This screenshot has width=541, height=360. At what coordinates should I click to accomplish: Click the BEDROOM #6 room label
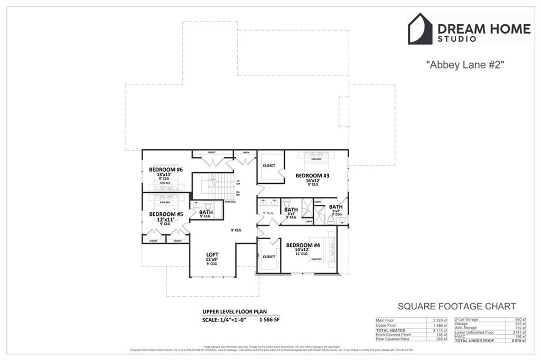click(165, 169)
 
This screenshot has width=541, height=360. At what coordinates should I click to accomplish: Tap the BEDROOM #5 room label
click(165, 214)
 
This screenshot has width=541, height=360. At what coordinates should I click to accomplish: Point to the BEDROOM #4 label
click(303, 245)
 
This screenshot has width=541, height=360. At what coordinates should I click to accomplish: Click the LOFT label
click(212, 254)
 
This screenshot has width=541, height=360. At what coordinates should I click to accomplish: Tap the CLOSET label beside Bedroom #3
click(269, 165)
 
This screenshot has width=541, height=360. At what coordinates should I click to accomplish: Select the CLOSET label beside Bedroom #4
click(269, 257)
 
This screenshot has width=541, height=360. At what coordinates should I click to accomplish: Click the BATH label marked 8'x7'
click(291, 210)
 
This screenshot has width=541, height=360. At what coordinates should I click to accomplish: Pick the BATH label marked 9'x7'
click(335, 206)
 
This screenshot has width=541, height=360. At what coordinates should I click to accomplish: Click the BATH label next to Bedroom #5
click(206, 212)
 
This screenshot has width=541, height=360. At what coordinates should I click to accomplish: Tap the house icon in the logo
click(420, 29)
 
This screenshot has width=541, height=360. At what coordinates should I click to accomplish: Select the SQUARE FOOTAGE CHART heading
click(456, 306)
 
